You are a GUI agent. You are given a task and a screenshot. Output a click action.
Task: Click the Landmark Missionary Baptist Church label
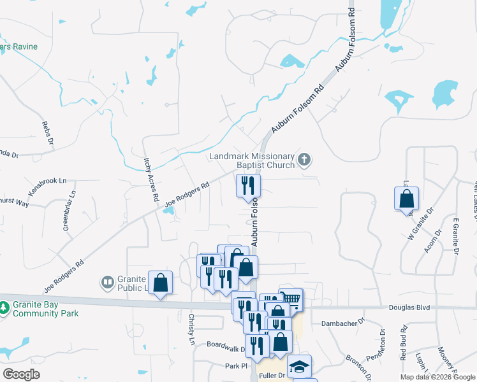(x=252, y=160)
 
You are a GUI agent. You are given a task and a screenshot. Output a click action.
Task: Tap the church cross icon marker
(x=305, y=160)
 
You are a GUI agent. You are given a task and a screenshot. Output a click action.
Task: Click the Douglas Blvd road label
(x=409, y=308)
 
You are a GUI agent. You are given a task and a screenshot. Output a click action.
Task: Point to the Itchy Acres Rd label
(x=151, y=180)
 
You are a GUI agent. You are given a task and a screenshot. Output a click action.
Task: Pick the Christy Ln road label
(x=191, y=329)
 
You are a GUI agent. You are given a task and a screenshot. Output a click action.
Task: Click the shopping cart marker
(x=291, y=299)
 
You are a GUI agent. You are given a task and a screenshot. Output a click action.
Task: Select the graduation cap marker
(x=299, y=366)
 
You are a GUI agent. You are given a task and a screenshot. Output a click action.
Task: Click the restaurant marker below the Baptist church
(x=247, y=186)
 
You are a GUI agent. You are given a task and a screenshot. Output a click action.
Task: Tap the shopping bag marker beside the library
(x=161, y=282)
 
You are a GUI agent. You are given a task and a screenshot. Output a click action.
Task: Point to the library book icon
(x=107, y=281)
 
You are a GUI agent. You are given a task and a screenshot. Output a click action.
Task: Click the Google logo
(x=21, y=374)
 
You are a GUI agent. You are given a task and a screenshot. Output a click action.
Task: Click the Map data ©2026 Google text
(x=437, y=377)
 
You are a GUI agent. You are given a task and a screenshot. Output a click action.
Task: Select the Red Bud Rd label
(x=404, y=344)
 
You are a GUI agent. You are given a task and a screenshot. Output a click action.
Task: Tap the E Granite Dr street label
(x=455, y=236)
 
